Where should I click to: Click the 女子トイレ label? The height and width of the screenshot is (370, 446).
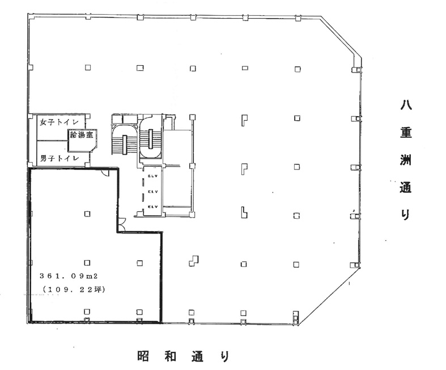coord(59,122)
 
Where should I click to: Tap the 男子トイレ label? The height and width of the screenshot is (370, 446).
coord(59,158)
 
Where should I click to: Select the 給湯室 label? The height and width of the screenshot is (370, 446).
coord(82,134)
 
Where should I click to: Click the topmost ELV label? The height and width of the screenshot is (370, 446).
coord(153,176)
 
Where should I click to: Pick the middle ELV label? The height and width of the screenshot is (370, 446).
coord(153,192)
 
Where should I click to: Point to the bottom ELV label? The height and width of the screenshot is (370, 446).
coord(153,207)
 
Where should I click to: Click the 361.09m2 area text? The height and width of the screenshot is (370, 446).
coord(69,275)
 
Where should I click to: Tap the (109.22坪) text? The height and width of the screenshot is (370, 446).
coord(73,290)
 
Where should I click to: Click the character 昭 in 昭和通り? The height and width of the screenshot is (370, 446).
coord(143,356)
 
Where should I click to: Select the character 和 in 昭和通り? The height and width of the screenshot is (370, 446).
coord(171,356)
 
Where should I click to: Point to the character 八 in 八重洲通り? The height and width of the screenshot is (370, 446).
coord(406,105)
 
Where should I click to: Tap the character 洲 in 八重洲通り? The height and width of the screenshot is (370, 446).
coord(406,160)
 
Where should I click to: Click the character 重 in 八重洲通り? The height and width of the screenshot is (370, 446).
coord(406,133)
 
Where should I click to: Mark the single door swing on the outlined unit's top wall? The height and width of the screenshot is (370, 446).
coord(106,172)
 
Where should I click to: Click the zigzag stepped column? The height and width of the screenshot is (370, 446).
coord(194,261)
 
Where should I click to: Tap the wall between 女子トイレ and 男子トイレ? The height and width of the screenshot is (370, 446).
coord(52,141)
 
